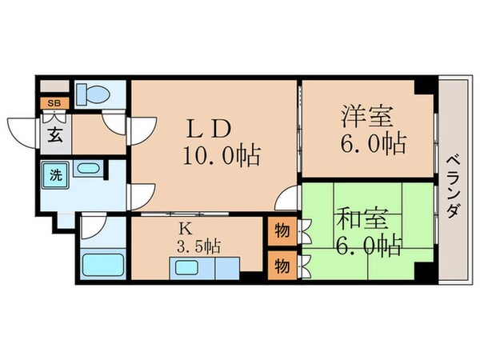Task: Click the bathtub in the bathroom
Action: (x=102, y=263)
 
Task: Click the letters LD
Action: (x=210, y=128)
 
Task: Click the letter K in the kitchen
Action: (x=185, y=226)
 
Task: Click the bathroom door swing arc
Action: (x=90, y=226)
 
